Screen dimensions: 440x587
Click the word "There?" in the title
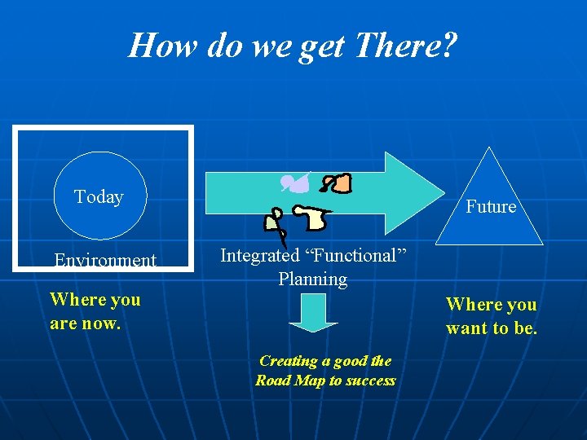pyautogui.click(x=405, y=46)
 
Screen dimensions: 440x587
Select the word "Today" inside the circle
pyautogui.click(x=99, y=196)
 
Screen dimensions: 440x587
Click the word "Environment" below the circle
pyautogui.click(x=105, y=261)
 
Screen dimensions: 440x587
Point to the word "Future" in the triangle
pyautogui.click(x=491, y=206)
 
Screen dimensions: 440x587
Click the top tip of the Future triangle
pyautogui.click(x=489, y=149)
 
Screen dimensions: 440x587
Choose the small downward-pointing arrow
pyautogui.click(x=313, y=312)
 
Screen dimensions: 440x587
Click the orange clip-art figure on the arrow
pyautogui.click(x=337, y=183)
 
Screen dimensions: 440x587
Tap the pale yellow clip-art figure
pyautogui.click(x=312, y=218)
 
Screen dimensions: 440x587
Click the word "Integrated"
pyautogui.click(x=260, y=255)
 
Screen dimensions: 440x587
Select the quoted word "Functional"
pyautogui.click(x=355, y=255)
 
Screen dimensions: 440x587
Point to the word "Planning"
pyautogui.click(x=313, y=279)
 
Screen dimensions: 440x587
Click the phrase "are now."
pyautogui.click(x=85, y=323)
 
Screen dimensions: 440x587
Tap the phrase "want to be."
pyautogui.click(x=492, y=328)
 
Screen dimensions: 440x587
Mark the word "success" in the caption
pyautogui.click(x=369, y=381)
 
